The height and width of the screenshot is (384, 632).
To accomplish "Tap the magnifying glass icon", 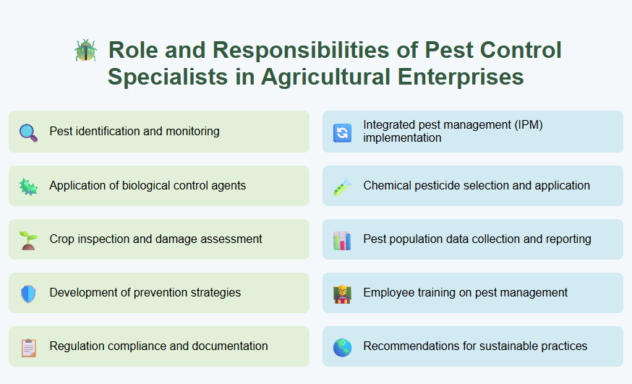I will [28, 132].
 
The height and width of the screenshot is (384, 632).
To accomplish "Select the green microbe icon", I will [28, 186].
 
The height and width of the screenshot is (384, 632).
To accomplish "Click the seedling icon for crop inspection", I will [28, 239].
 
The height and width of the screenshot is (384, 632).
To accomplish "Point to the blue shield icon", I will [28, 293].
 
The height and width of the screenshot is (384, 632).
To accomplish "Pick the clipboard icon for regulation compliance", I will [28, 347].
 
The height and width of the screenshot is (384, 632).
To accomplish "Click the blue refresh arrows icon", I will [342, 132].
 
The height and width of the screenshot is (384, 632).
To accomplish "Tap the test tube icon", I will [341, 187].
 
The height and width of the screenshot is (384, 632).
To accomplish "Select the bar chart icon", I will [342, 240].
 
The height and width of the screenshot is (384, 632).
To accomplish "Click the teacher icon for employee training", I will [342, 294].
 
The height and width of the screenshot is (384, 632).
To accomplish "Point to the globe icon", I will [342, 347].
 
